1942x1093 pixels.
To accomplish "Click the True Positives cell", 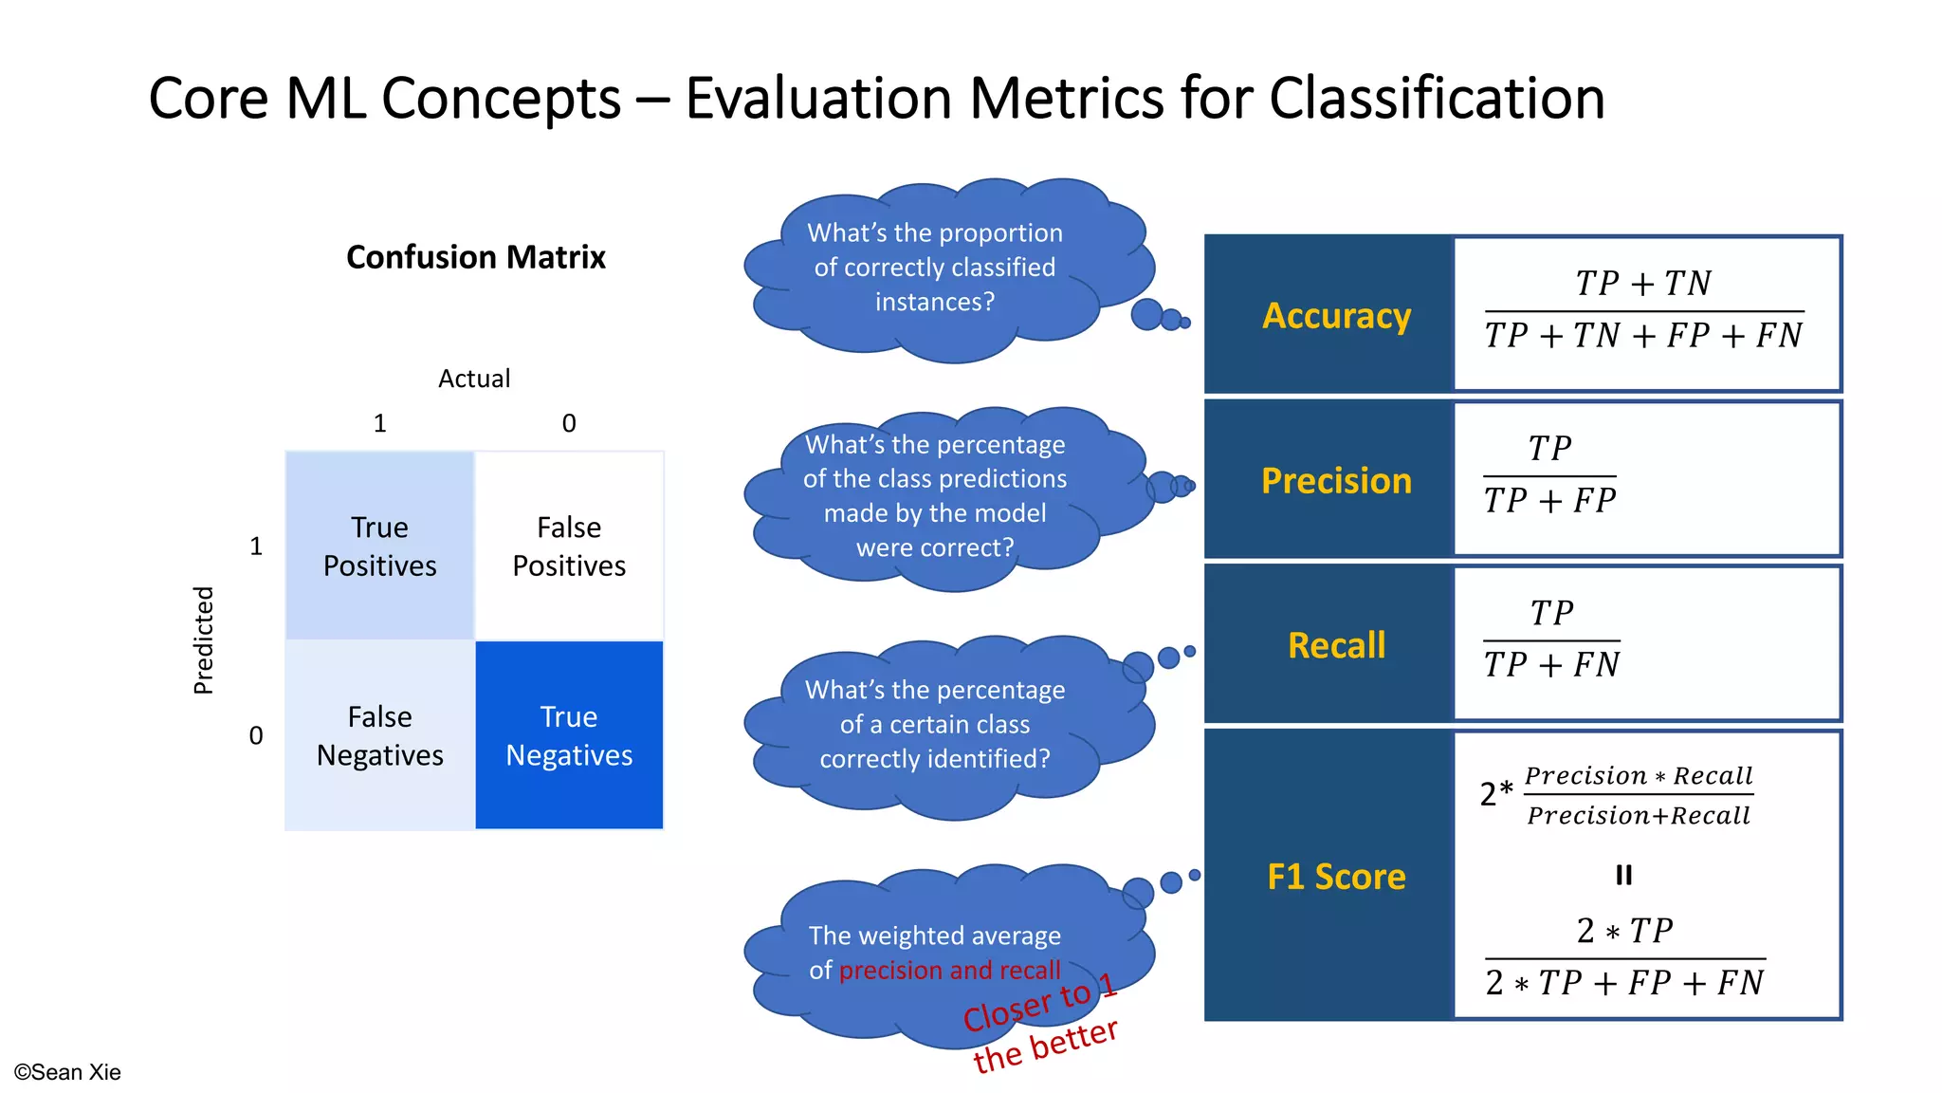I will [379, 546].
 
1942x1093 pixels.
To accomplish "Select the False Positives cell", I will [569, 546].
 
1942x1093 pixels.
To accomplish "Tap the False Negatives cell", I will [379, 736].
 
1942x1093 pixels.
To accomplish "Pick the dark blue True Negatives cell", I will [569, 736].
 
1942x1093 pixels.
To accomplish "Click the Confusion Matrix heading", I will [475, 257].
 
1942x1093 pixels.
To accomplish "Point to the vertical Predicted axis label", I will [204, 640].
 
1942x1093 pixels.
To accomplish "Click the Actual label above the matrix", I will [474, 379].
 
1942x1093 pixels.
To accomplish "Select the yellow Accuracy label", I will [1336, 315].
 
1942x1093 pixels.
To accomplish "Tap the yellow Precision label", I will [1336, 481].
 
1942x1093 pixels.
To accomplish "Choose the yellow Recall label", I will [1336, 645].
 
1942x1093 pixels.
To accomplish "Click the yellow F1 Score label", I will [1336, 877].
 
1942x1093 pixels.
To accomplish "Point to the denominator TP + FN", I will [1551, 665].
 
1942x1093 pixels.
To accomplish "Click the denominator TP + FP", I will [1549, 501].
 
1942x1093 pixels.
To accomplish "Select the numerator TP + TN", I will [1643, 284].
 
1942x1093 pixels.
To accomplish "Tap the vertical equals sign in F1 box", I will [1624, 875].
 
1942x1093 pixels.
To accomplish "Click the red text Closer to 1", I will [1040, 1004].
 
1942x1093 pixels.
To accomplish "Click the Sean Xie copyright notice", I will [67, 1072].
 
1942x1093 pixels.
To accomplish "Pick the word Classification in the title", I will [1437, 99].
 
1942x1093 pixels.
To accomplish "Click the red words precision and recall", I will [949, 971].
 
